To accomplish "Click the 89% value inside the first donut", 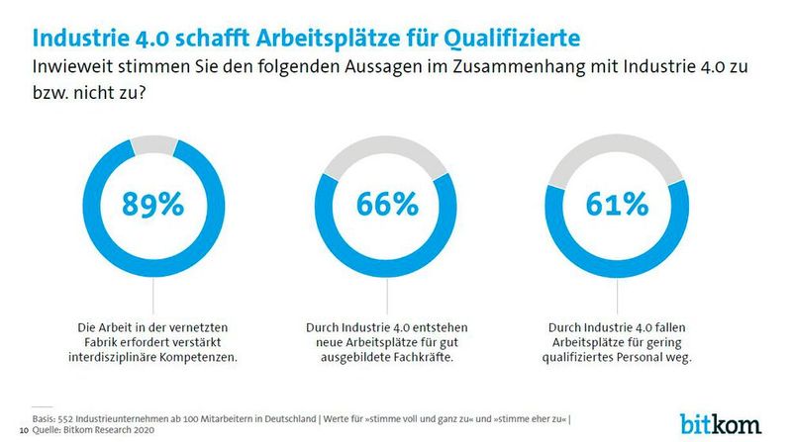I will [152, 205].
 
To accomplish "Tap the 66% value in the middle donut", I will [388, 205].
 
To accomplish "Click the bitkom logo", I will [721, 422].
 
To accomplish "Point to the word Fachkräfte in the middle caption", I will [420, 356].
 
